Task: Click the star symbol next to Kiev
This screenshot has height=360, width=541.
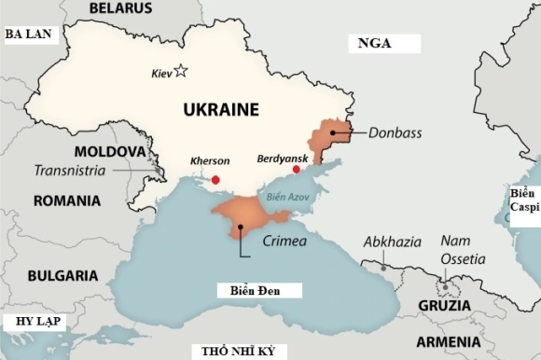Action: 181,72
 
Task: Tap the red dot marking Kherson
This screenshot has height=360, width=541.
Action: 215,179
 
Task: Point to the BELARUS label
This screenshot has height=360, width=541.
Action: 120,8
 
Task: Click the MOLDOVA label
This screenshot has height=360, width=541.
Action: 110,151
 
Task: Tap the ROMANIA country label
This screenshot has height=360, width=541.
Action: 66,201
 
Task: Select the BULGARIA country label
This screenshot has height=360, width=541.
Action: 62,275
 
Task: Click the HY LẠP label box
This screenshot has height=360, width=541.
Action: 31,322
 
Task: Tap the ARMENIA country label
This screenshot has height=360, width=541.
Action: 449,340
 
